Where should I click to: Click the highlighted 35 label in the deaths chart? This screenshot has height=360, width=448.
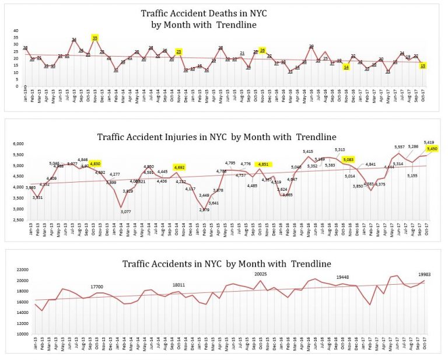(x=95, y=38)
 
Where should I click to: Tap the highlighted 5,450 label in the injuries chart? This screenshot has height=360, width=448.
(x=432, y=149)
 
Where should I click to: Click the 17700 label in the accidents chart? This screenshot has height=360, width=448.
(x=96, y=286)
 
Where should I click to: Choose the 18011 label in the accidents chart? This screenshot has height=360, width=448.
(x=178, y=285)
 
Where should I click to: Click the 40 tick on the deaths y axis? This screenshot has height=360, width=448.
(x=16, y=30)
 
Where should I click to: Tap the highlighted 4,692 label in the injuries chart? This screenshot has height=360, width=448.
(x=180, y=167)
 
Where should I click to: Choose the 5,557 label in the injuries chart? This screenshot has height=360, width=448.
(x=398, y=147)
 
